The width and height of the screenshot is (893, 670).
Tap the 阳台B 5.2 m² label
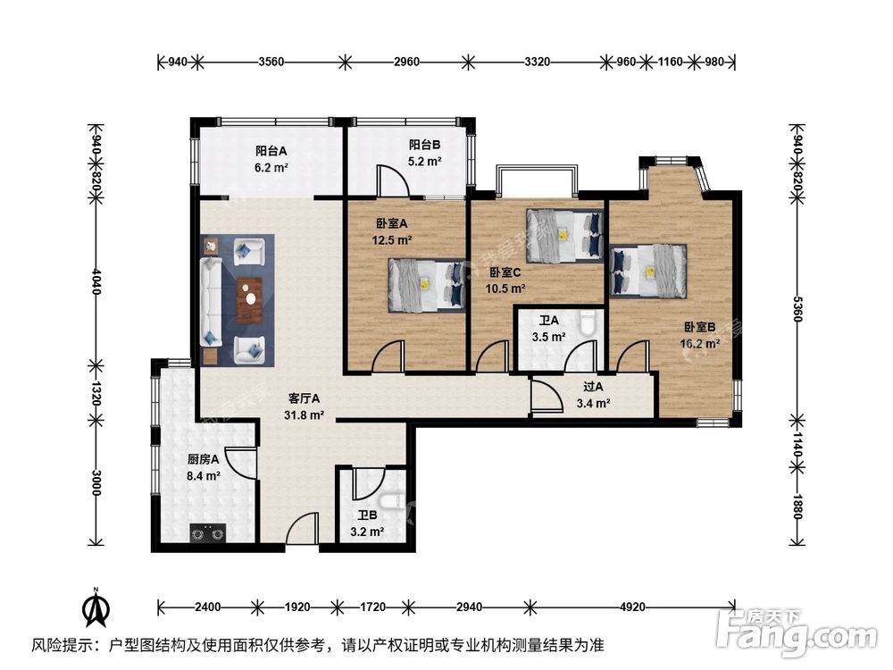[424, 153]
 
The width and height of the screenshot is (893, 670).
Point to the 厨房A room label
[204, 468]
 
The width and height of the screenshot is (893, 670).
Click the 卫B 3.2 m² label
[366, 523]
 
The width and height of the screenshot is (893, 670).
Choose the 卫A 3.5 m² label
[548, 329]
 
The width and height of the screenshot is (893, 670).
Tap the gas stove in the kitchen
[207, 533]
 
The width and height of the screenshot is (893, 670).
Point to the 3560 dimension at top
[271, 63]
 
